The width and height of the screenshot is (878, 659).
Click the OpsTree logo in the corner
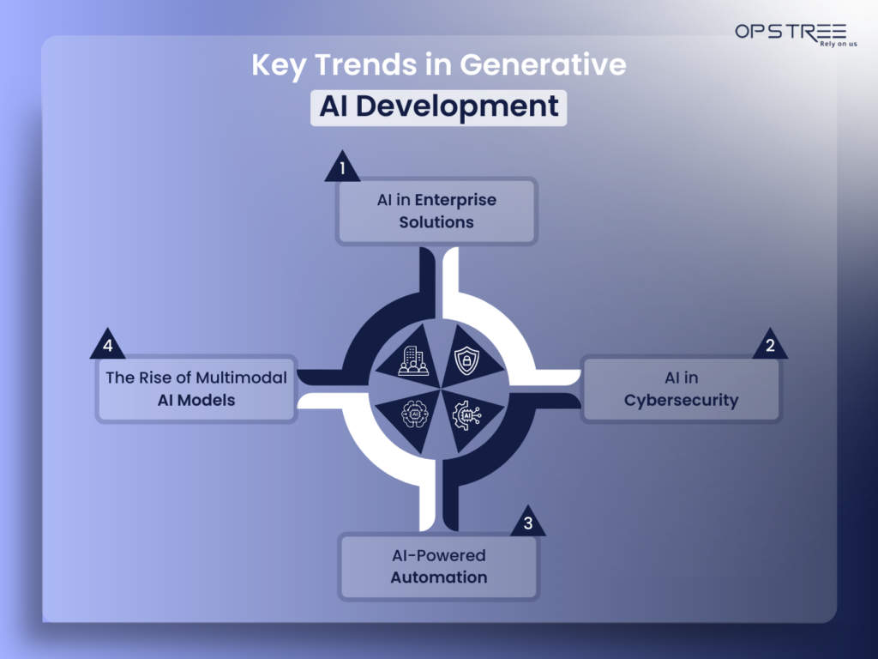point(790,32)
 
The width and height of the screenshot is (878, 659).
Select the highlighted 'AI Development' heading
point(438,106)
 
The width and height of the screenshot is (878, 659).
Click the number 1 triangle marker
point(342,168)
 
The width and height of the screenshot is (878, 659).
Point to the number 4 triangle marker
point(108,346)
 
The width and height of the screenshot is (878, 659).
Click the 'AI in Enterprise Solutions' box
point(437,211)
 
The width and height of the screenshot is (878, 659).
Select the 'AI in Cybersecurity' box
point(681,390)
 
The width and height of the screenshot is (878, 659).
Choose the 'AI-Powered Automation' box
point(438,566)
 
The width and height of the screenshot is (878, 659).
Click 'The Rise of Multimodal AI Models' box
point(196,389)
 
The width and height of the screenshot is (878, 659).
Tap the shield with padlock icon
point(465,360)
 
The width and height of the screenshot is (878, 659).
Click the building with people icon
point(412,360)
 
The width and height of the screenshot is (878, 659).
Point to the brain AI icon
point(412,415)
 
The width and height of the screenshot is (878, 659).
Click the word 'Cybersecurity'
point(681,401)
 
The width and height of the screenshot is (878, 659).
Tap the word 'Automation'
point(438,577)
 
